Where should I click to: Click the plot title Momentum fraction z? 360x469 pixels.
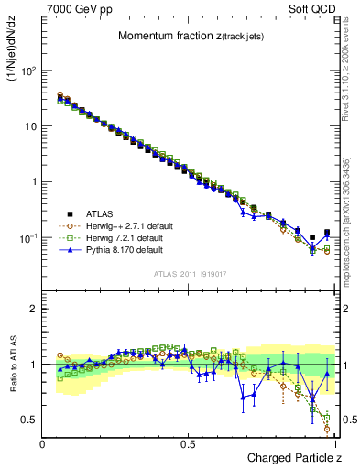tap(191, 36)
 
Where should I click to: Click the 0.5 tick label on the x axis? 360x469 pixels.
tap(188, 444)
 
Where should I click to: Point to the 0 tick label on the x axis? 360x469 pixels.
tap(42, 444)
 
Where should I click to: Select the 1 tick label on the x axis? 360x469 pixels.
tap(334, 444)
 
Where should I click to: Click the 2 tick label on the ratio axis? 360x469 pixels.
tap(31, 309)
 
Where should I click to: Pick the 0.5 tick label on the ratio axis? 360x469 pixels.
tap(27, 420)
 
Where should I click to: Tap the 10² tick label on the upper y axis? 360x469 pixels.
tap(27, 71)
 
